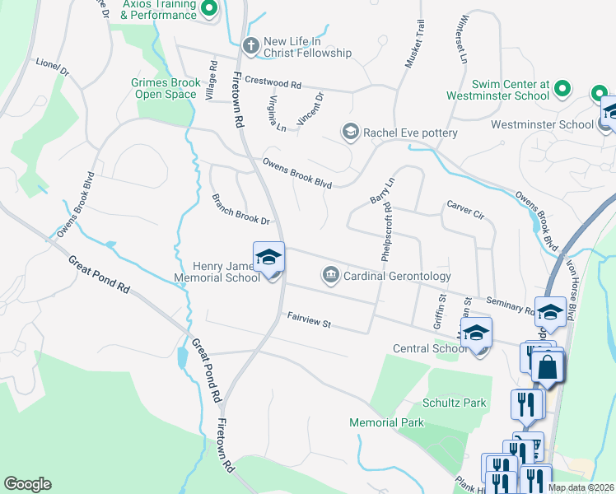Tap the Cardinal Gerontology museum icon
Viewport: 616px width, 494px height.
pos(331,273)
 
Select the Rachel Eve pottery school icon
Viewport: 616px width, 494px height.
pos(350,132)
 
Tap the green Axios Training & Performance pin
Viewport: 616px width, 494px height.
pos(209,10)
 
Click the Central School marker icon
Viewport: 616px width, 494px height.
pos(476,334)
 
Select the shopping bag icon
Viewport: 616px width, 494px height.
pos(548,366)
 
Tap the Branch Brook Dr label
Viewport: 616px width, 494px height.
pos(240,210)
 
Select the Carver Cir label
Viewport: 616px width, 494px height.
pos(465,210)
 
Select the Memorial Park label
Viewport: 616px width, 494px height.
pos(386,422)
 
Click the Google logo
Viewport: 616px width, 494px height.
pos(28,484)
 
